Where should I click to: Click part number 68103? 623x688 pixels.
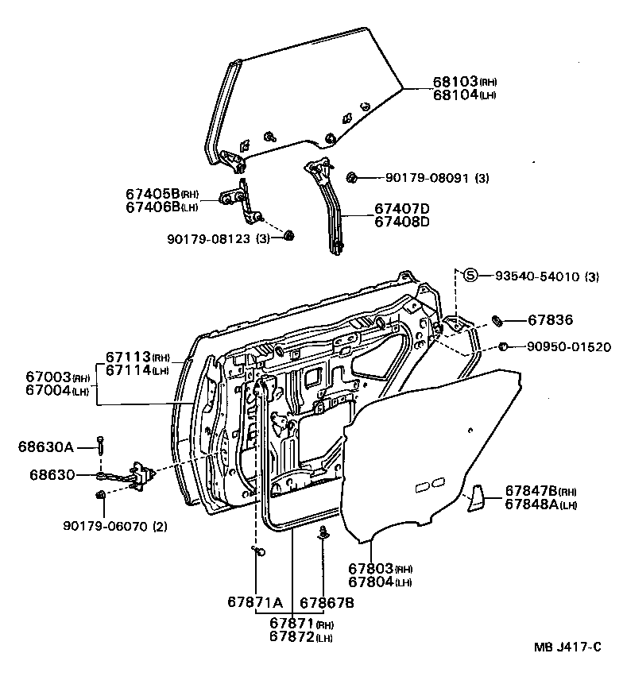[455, 81]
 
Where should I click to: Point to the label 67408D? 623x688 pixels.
[402, 221]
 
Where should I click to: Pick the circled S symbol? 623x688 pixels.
[470, 276]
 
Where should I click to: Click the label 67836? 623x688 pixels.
[550, 320]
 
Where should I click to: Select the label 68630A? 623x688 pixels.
[45, 447]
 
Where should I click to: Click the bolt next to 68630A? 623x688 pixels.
[103, 446]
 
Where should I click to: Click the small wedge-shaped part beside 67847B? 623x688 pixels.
[476, 496]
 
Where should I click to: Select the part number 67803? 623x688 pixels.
[370, 569]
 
